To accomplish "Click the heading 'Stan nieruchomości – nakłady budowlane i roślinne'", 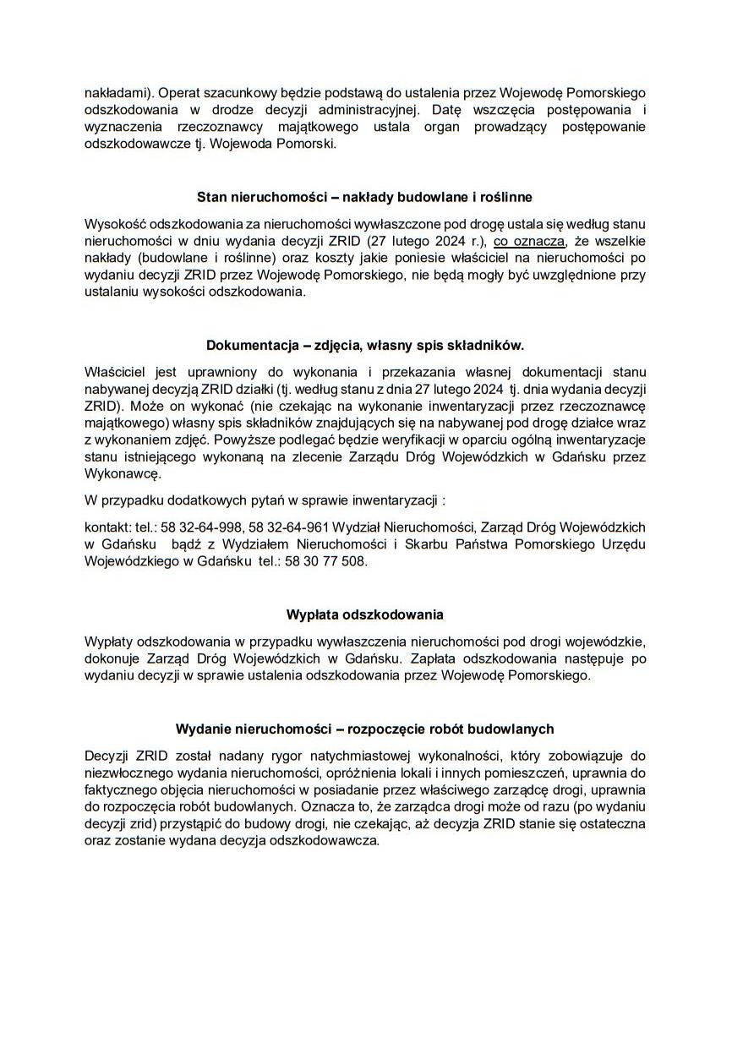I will (365, 198).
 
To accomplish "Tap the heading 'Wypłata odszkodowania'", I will (365, 614).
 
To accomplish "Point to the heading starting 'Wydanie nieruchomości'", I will (365, 728).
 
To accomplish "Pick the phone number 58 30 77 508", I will (327, 561).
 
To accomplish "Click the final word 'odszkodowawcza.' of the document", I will (330, 843).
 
